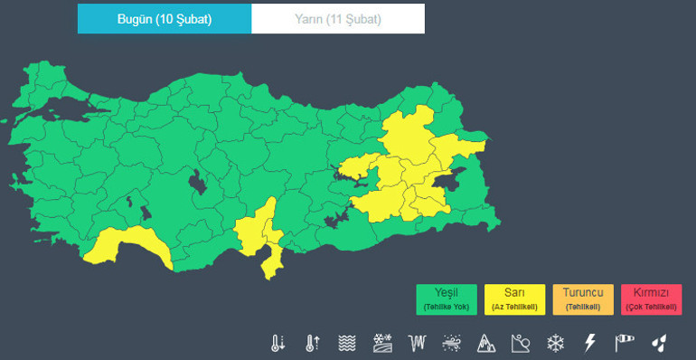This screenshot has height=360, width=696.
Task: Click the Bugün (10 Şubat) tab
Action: (165, 18)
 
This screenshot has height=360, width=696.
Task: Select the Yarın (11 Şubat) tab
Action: (337, 18)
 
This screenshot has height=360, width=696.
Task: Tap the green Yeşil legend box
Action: (447, 298)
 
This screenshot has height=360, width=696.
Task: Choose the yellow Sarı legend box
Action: (514, 298)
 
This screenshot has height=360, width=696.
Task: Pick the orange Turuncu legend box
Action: (582, 298)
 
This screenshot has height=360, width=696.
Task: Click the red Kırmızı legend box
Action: (651, 298)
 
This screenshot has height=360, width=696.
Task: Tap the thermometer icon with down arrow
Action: (277, 343)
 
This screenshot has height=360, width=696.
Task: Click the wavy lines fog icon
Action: (347, 343)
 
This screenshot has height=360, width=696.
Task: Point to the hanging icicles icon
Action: (417, 343)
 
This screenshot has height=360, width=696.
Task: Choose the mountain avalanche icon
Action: (486, 343)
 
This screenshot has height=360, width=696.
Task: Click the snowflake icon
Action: (555, 343)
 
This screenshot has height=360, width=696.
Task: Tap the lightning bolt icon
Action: (590, 343)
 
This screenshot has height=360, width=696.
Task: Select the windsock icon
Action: (625, 343)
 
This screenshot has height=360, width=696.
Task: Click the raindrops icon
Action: (660, 343)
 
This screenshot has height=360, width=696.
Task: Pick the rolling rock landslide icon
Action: (521, 343)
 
